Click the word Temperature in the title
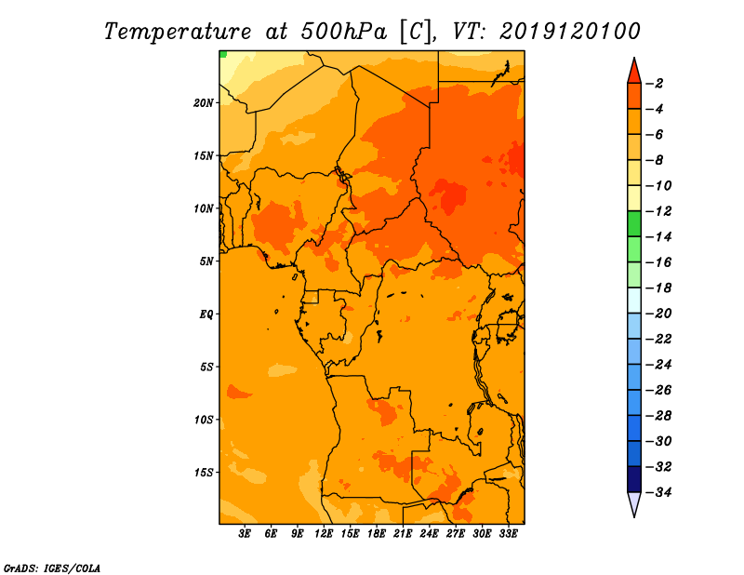point(178,33)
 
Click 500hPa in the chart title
point(344,32)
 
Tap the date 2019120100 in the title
point(570,32)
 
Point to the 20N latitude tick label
point(204,103)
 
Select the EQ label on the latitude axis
point(206,314)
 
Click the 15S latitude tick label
point(204,473)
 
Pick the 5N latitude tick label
point(206,261)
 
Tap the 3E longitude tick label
point(245,534)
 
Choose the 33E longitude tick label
point(508,534)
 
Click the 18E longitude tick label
point(377,534)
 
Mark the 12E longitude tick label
point(324,534)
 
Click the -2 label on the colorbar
point(655,84)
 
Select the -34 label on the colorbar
point(658,492)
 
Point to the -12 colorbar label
point(658,211)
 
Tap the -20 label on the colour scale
point(658,314)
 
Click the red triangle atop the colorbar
point(634,73)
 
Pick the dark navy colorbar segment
point(634,479)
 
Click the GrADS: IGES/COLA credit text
point(52,568)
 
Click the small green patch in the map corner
point(223,54)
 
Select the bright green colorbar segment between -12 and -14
point(634,224)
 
